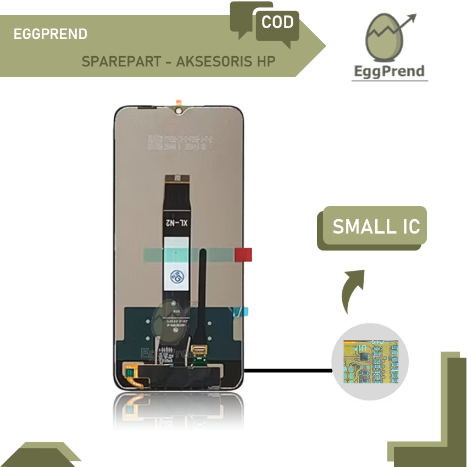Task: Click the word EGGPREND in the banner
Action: [x=50, y=34]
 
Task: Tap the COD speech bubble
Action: [x=277, y=23]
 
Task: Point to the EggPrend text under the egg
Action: [x=390, y=71]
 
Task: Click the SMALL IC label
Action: [x=376, y=226]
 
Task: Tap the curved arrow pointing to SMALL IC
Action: [x=352, y=290]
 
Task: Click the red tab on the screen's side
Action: [x=243, y=254]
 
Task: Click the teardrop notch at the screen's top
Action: [x=179, y=112]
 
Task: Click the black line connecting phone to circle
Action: [x=288, y=370]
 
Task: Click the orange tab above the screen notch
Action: [x=179, y=102]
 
